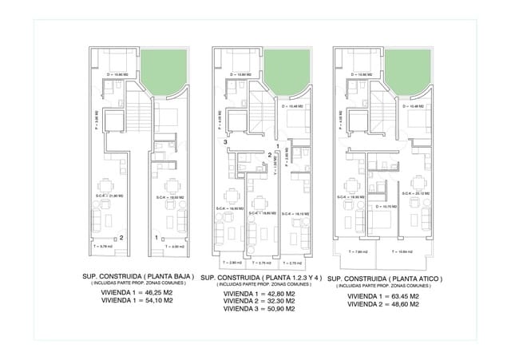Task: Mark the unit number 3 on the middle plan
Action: coord(226,142)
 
